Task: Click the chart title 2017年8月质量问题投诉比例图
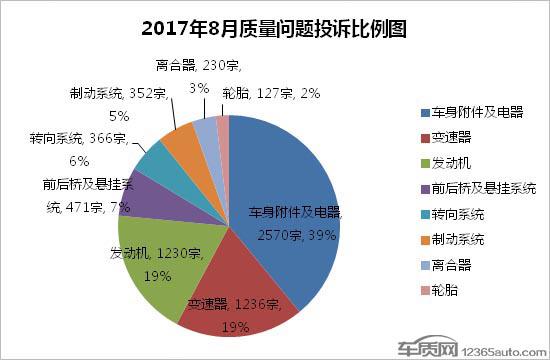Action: (x=275, y=27)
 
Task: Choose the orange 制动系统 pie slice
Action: (x=183, y=140)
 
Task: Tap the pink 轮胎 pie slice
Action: (x=223, y=125)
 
